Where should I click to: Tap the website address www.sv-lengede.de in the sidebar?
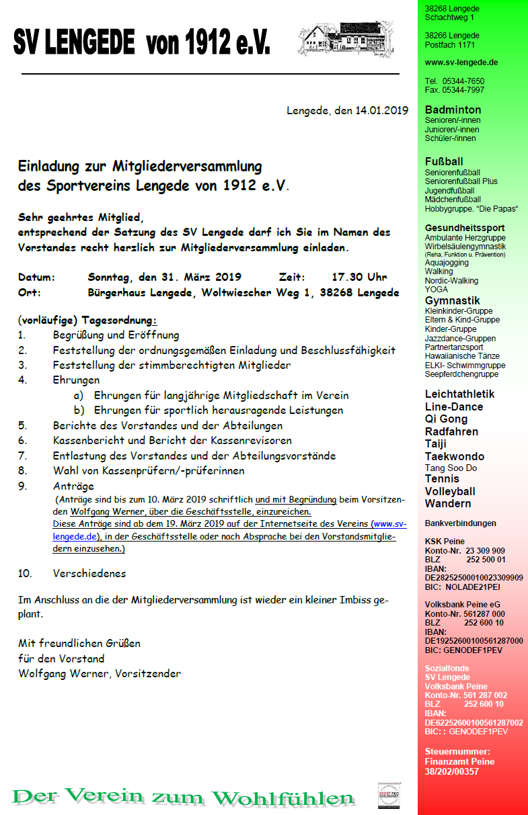[x=461, y=62]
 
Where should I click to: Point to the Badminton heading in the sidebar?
[x=453, y=110]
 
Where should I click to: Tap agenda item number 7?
[x=22, y=456]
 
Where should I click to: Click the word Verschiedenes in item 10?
[x=89, y=573]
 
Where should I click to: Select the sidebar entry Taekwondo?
[x=455, y=456]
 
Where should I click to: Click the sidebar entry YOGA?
[x=437, y=290]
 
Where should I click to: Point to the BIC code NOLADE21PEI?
[x=472, y=587]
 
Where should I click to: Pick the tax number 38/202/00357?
[x=452, y=772]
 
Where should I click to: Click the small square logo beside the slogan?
[x=388, y=795]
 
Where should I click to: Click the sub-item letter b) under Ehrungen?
[x=79, y=410]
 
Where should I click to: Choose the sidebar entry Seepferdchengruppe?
[x=461, y=374]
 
